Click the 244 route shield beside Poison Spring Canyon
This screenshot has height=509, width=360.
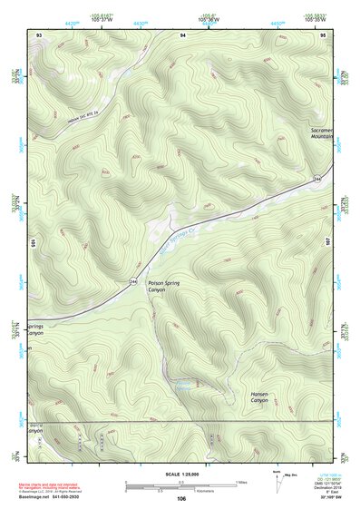(x=132, y=281)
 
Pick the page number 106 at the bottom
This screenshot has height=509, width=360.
(x=180, y=499)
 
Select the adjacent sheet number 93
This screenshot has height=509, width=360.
(x=39, y=34)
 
